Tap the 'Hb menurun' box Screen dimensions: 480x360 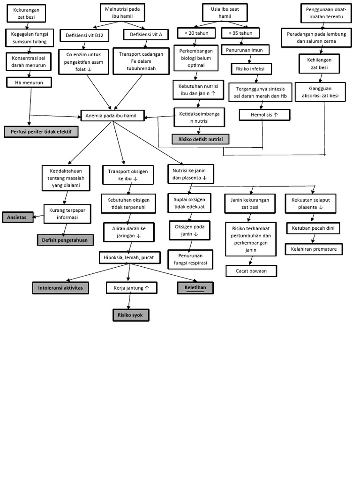coord(29,82)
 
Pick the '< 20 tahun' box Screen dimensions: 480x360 coord(196,33)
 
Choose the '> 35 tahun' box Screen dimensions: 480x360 coord(240,33)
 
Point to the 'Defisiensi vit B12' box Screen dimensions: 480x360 coord(85,35)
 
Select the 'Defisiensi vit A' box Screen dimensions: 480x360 coord(146,35)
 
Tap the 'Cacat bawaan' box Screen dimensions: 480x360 coord(251,271)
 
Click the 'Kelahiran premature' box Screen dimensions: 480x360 coord(314,249)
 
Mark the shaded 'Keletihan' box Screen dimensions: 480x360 coord(195,287)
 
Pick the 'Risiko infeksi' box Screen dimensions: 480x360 coord(251,69)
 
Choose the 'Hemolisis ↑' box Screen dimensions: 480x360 coord(265,114)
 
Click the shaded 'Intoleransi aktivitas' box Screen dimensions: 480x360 coord(60,287)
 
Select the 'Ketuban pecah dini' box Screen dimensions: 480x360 coord(313,228)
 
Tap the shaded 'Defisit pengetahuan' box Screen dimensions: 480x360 coord(65,240)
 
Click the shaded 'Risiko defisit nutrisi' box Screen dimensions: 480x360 coord(201,139)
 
